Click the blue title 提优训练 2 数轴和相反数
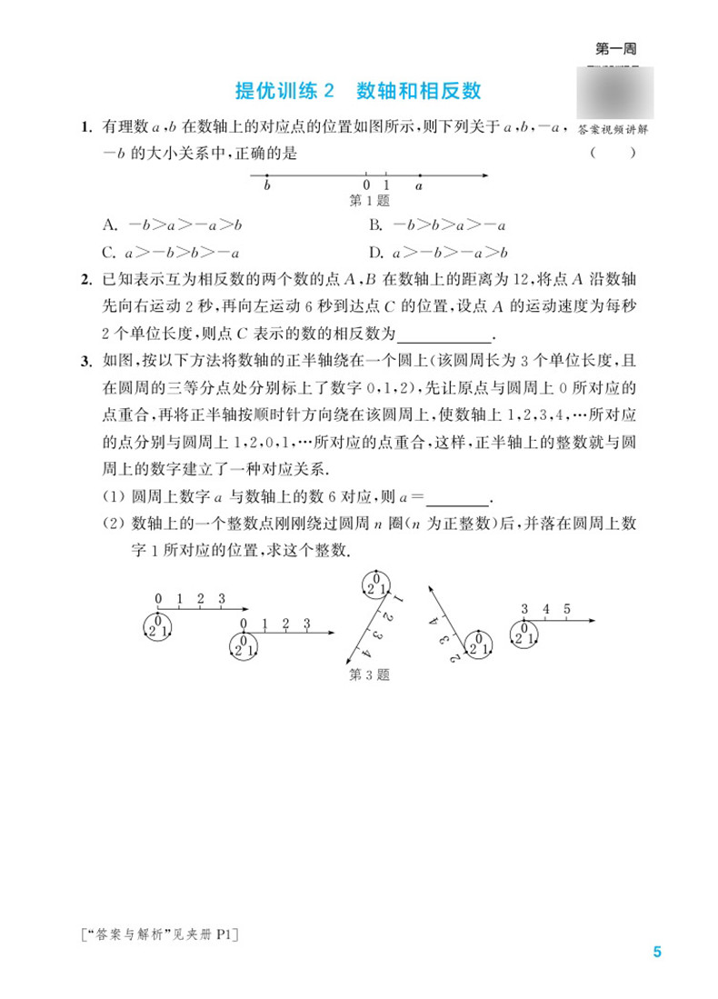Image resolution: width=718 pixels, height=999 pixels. [357, 92]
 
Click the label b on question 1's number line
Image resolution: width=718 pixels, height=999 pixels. [266, 186]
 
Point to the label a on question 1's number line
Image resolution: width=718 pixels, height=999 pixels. [419, 186]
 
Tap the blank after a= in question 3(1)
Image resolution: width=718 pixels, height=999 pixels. [457, 497]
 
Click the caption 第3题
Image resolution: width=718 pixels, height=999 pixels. [370, 675]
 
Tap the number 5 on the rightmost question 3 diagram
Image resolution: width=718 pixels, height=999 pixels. [566, 608]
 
